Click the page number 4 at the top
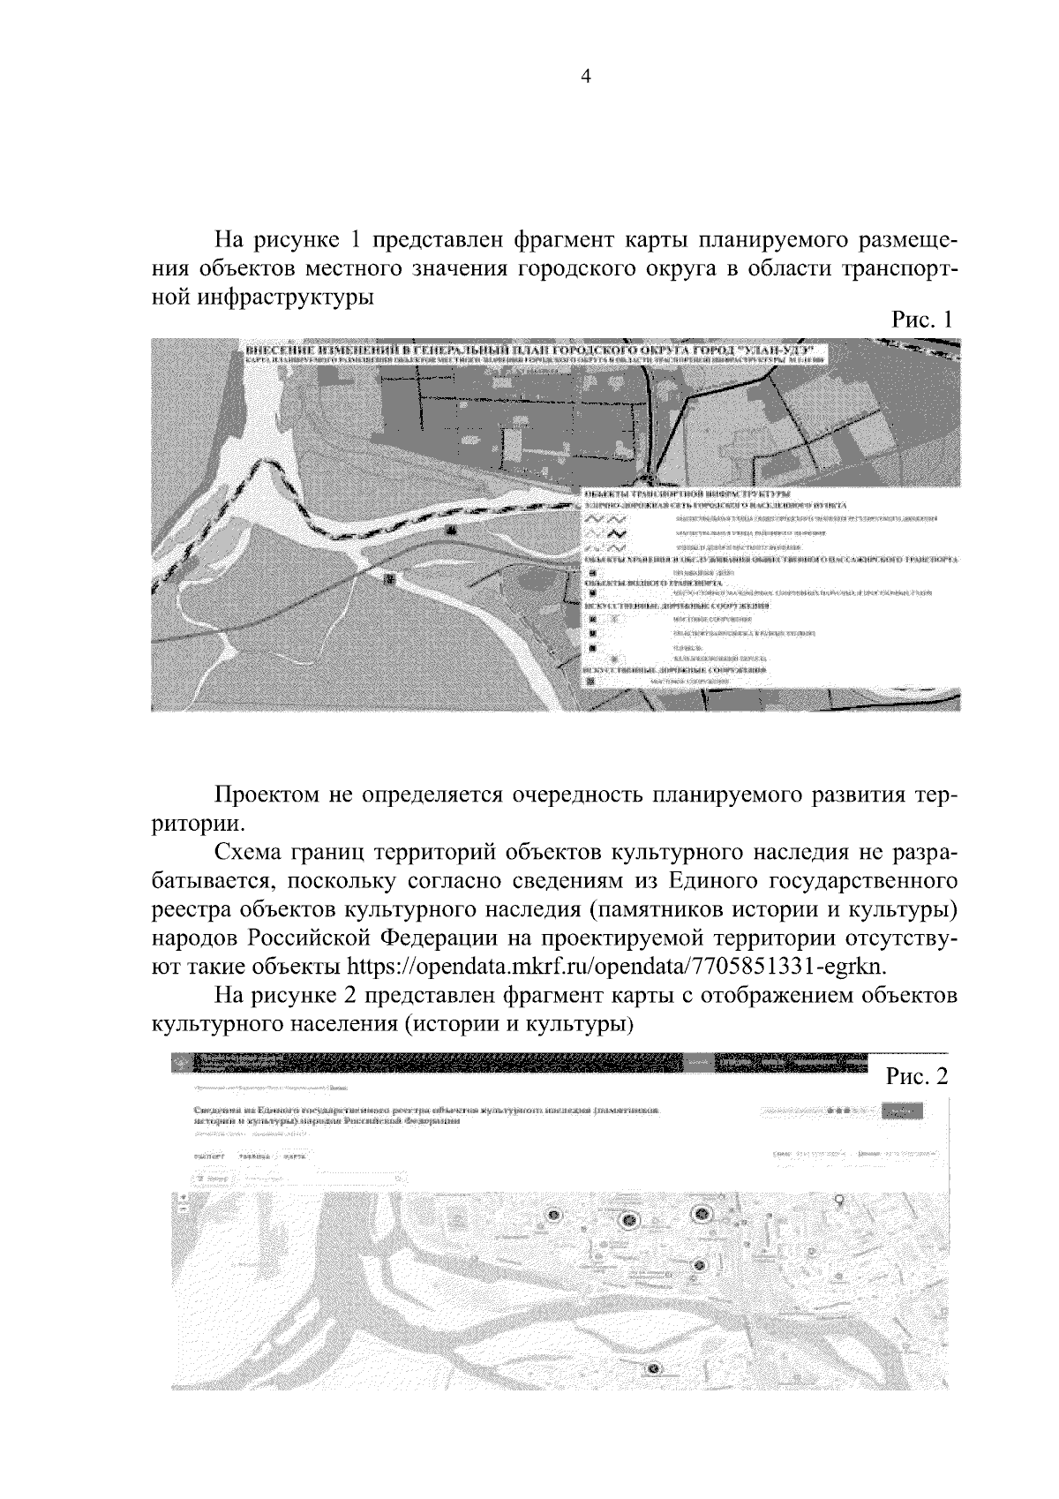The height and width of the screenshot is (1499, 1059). tap(583, 76)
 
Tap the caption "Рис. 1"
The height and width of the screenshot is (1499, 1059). tap(922, 320)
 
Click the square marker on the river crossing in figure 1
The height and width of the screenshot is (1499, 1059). tap(391, 577)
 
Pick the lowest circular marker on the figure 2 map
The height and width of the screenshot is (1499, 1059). tap(653, 1368)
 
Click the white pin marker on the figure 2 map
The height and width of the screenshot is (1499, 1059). tap(839, 1199)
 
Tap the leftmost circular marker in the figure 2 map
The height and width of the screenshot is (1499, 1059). tap(553, 1216)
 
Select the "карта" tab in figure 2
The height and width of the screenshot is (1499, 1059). tap(295, 1156)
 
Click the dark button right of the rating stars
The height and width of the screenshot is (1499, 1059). tap(902, 1111)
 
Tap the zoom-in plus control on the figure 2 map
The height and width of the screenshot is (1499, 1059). tap(183, 1198)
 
